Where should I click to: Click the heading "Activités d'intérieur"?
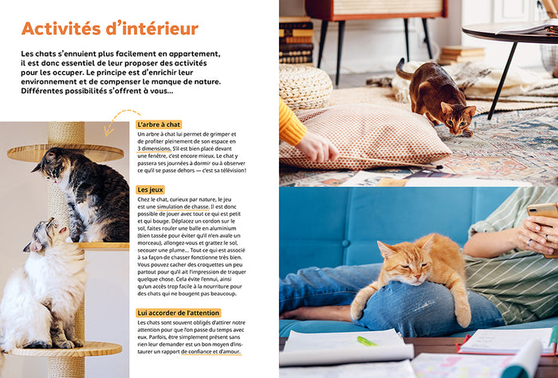point(110,29)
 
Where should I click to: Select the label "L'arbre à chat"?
point(159,124)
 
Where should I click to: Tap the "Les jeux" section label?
point(150,190)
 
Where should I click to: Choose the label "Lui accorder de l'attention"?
point(179,313)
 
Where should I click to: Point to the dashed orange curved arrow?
point(117,116)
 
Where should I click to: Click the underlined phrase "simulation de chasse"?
point(183,207)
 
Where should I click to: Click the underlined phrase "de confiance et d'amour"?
point(210,352)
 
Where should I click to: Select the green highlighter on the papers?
point(367,341)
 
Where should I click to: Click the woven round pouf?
point(305,87)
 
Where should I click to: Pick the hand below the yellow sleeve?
point(316,147)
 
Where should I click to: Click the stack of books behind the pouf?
point(296,41)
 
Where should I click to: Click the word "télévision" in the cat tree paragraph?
point(232,171)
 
